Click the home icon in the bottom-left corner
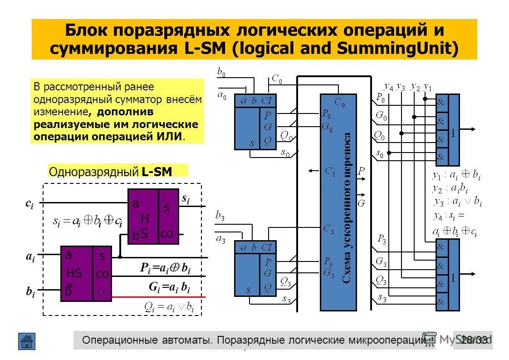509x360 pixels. (x=27, y=341)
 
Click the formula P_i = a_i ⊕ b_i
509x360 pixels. (x=165, y=268)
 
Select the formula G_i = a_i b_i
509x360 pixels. (x=169, y=288)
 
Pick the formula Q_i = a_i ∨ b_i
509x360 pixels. (x=169, y=307)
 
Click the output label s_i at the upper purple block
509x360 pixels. (x=186, y=198)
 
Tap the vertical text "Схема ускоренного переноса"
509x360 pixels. (x=347, y=208)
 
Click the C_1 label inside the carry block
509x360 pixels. (x=330, y=172)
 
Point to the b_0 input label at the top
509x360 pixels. (x=221, y=71)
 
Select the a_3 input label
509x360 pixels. (x=221, y=239)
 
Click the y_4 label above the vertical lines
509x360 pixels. (x=388, y=86)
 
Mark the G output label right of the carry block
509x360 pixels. (x=361, y=203)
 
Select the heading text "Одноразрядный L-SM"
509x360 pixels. (x=117, y=171)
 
